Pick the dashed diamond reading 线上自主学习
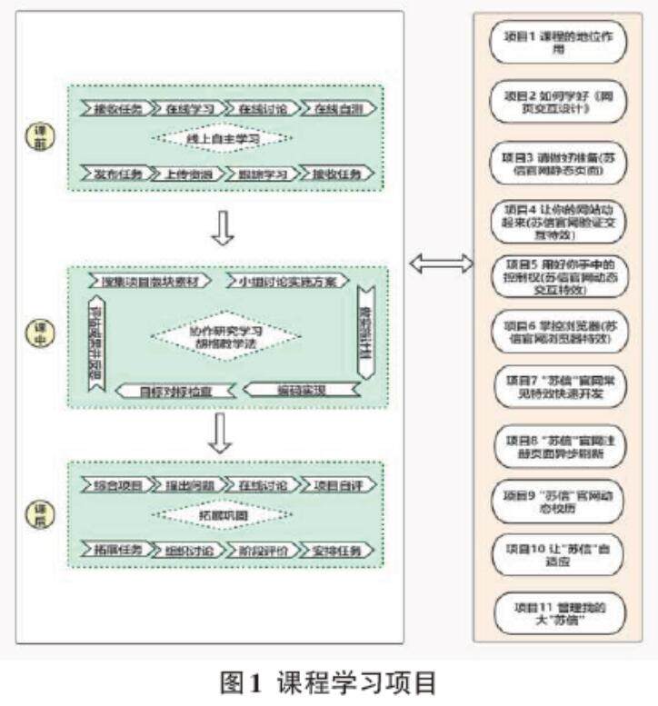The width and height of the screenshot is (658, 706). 223,139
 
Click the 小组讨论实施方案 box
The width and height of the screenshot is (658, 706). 287,281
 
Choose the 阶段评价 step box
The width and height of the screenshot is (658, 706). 264,551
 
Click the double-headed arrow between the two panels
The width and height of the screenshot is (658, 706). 441,264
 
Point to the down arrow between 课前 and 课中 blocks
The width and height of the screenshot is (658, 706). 223,228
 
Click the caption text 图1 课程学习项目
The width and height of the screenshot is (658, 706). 329,681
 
